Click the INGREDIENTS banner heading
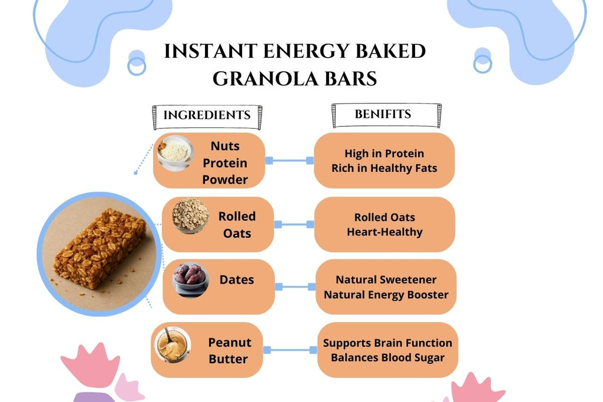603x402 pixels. pyautogui.click(x=207, y=115)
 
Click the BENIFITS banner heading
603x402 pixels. pyautogui.click(x=383, y=114)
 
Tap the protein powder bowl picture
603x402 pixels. pyautogui.click(x=174, y=153)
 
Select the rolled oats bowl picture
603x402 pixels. pyautogui.click(x=190, y=215)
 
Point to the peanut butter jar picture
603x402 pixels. pyautogui.click(x=173, y=345)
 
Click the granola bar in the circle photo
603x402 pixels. pyautogui.click(x=100, y=248)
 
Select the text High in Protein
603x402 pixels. pyautogui.click(x=384, y=154)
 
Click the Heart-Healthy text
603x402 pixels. pyautogui.click(x=385, y=232)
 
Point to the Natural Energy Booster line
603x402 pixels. pyautogui.click(x=386, y=294)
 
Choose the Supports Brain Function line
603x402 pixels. pyautogui.click(x=387, y=343)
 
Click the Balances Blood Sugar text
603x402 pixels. pyautogui.click(x=387, y=357)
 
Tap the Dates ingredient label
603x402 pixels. pyautogui.click(x=237, y=280)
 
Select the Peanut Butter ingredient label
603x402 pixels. pyautogui.click(x=229, y=350)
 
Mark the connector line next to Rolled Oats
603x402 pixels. pyautogui.click(x=294, y=224)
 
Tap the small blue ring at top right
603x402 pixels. pyautogui.click(x=482, y=63)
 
